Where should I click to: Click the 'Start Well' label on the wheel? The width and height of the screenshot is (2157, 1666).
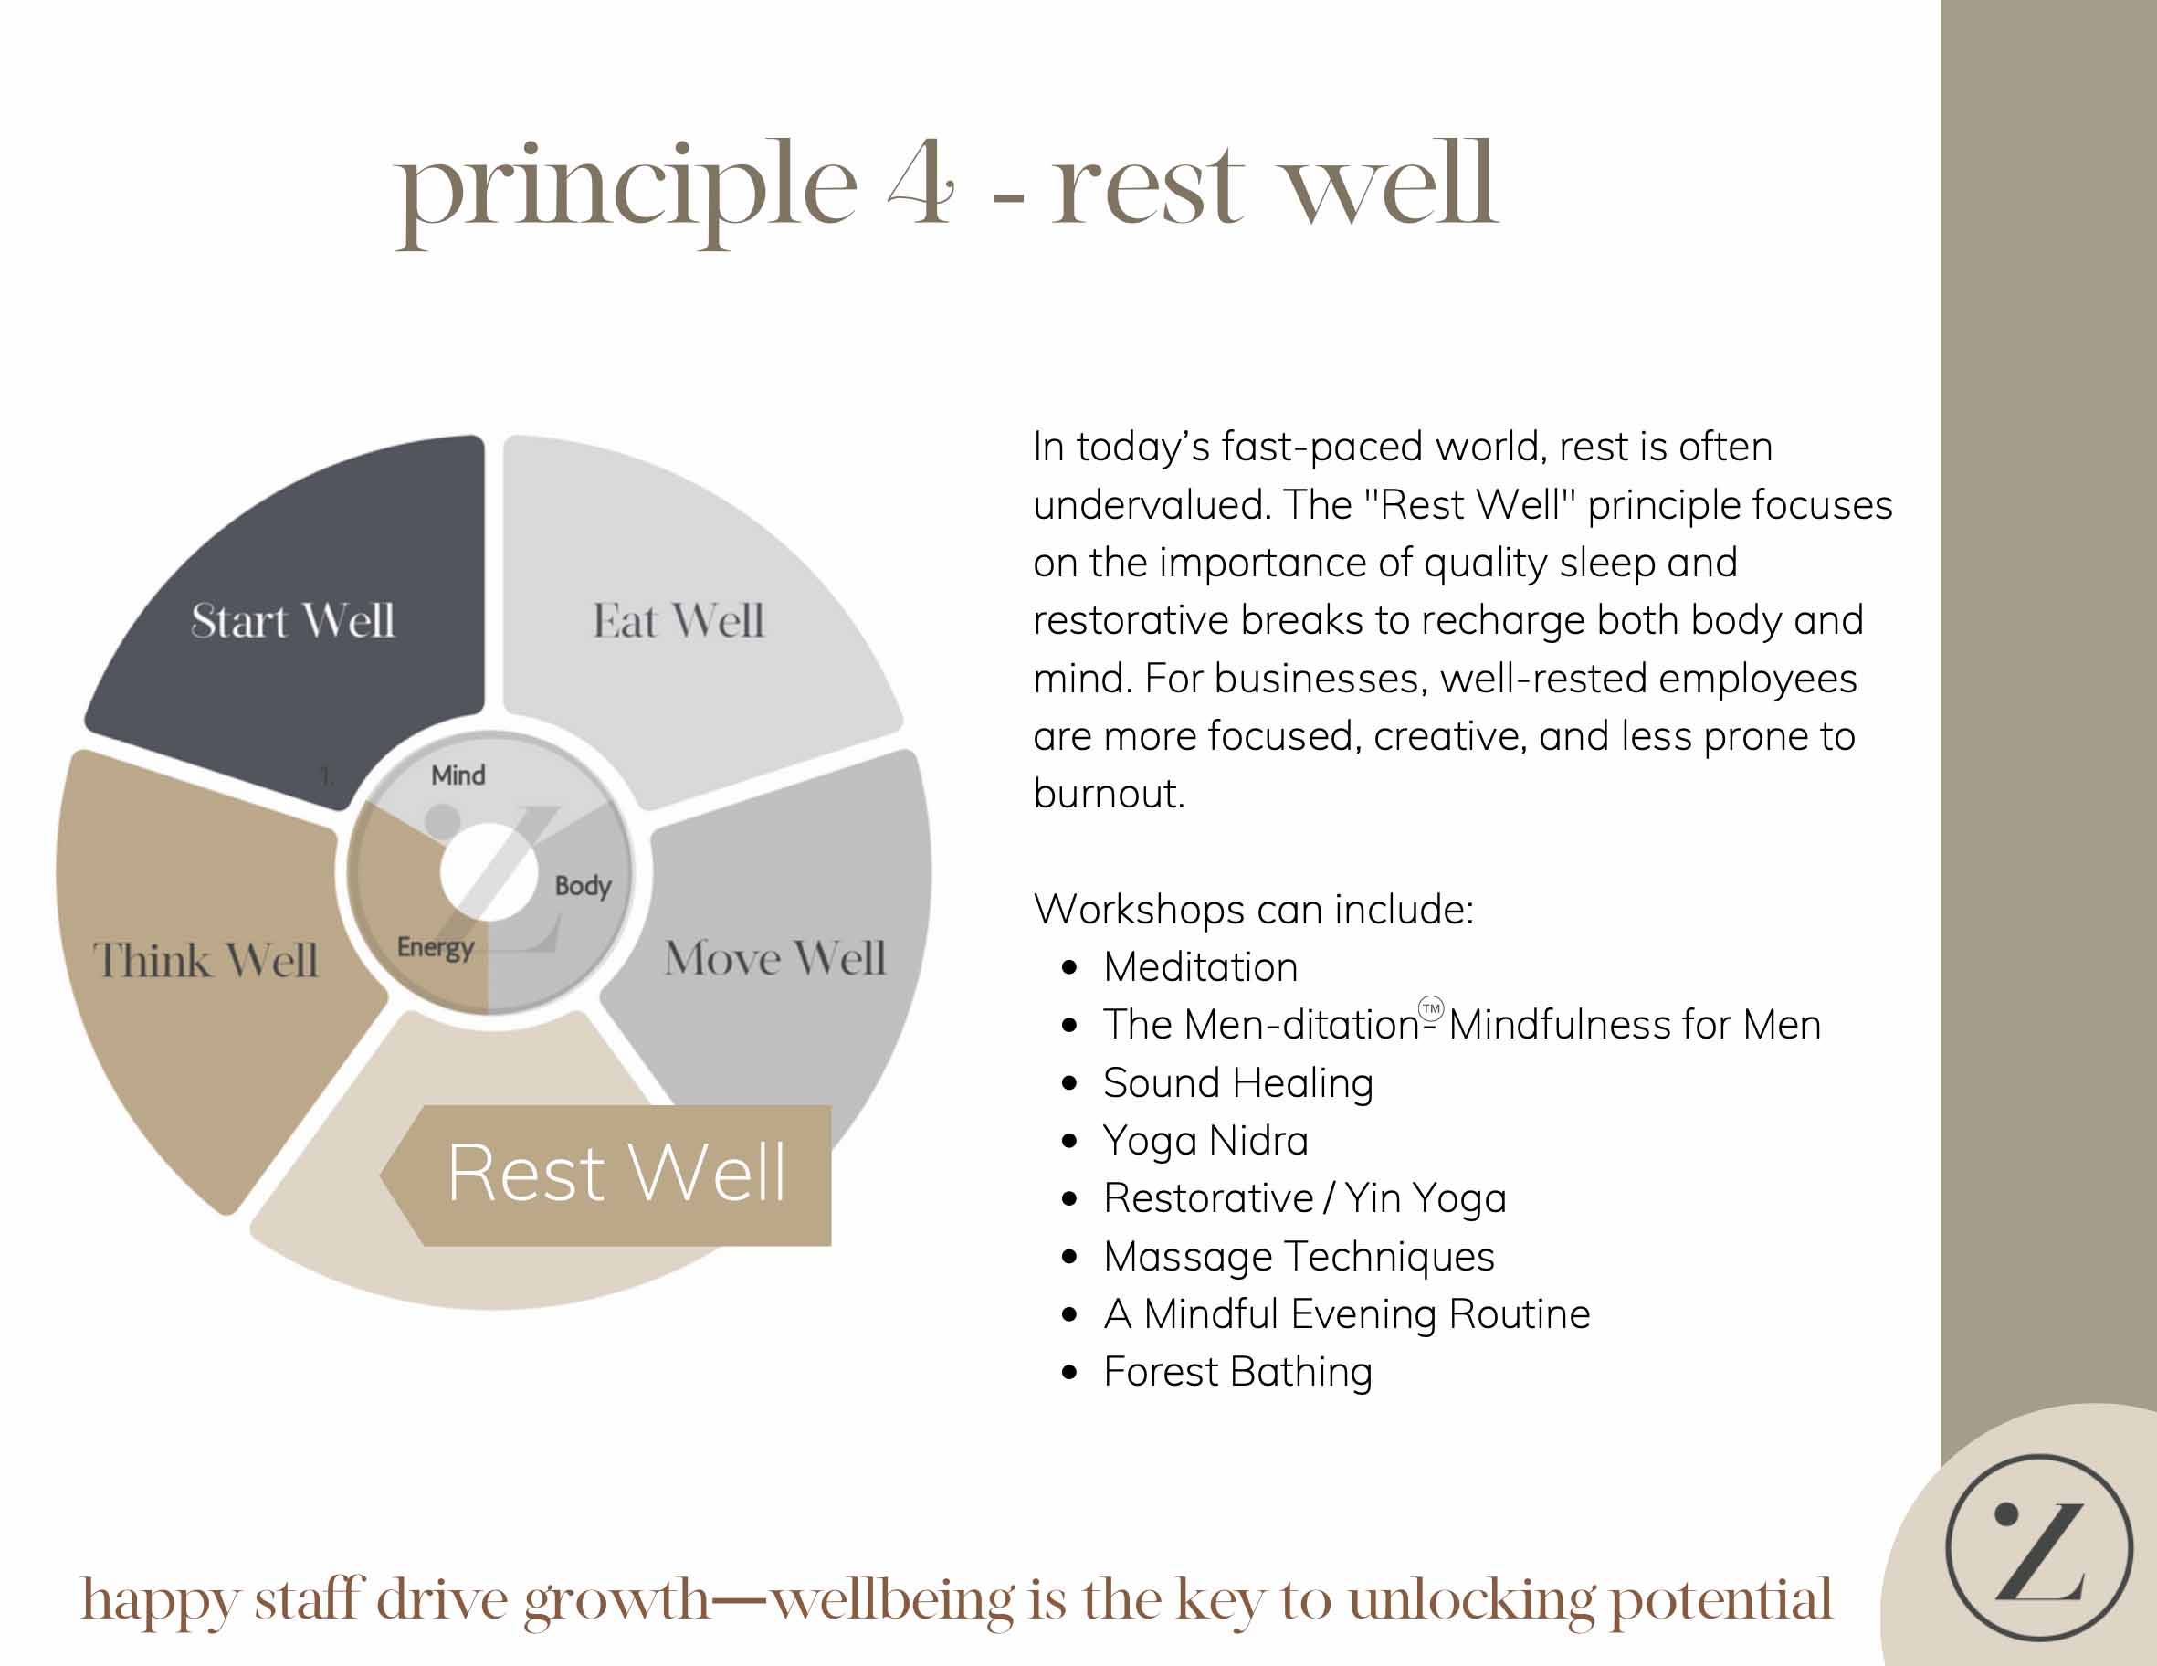point(292,621)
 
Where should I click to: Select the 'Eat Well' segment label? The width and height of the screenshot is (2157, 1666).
point(679,621)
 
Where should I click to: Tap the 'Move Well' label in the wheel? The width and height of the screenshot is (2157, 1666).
point(775,958)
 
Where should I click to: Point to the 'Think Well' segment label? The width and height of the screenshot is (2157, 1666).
point(205,960)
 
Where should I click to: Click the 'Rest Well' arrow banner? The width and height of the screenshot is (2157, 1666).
point(606,1176)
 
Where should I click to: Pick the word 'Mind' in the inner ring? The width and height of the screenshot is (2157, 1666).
point(458,775)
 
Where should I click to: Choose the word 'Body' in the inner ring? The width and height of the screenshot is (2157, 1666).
point(583,886)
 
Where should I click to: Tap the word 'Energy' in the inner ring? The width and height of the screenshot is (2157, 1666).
point(436,948)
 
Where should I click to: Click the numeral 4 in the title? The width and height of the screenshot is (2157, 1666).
point(921,184)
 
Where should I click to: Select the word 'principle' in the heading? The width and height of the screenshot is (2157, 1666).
point(628,192)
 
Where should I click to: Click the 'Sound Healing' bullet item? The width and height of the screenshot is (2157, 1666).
point(1238,1083)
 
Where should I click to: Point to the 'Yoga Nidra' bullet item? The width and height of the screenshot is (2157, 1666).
point(1206,1142)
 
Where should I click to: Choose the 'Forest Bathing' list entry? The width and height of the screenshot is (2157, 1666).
point(1238,1373)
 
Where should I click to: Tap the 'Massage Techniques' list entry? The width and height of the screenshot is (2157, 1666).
point(1299,1257)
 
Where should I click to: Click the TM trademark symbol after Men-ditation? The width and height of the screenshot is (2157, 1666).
point(1431,1008)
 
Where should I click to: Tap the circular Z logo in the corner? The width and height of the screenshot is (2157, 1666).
point(2039,1547)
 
